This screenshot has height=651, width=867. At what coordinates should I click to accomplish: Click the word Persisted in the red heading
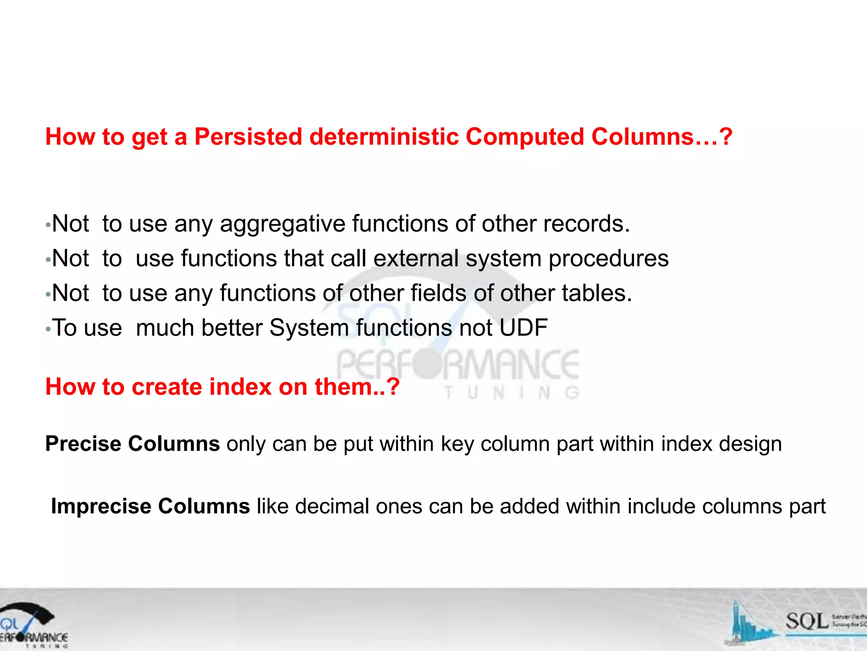pos(248,137)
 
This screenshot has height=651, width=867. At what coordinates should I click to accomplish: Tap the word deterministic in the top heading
pos(384,137)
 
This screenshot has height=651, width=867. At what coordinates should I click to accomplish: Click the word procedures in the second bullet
pos(608,259)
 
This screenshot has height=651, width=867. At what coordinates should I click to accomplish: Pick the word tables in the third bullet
pos(596,293)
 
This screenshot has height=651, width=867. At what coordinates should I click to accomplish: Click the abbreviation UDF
pos(523,328)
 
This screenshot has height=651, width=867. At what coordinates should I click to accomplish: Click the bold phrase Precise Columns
pos(133,444)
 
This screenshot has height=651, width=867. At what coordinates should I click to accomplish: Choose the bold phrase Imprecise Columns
pos(150,506)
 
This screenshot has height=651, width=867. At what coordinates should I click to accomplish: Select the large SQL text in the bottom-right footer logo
pos(806,622)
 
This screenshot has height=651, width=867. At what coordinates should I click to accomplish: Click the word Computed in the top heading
pos(525,137)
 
